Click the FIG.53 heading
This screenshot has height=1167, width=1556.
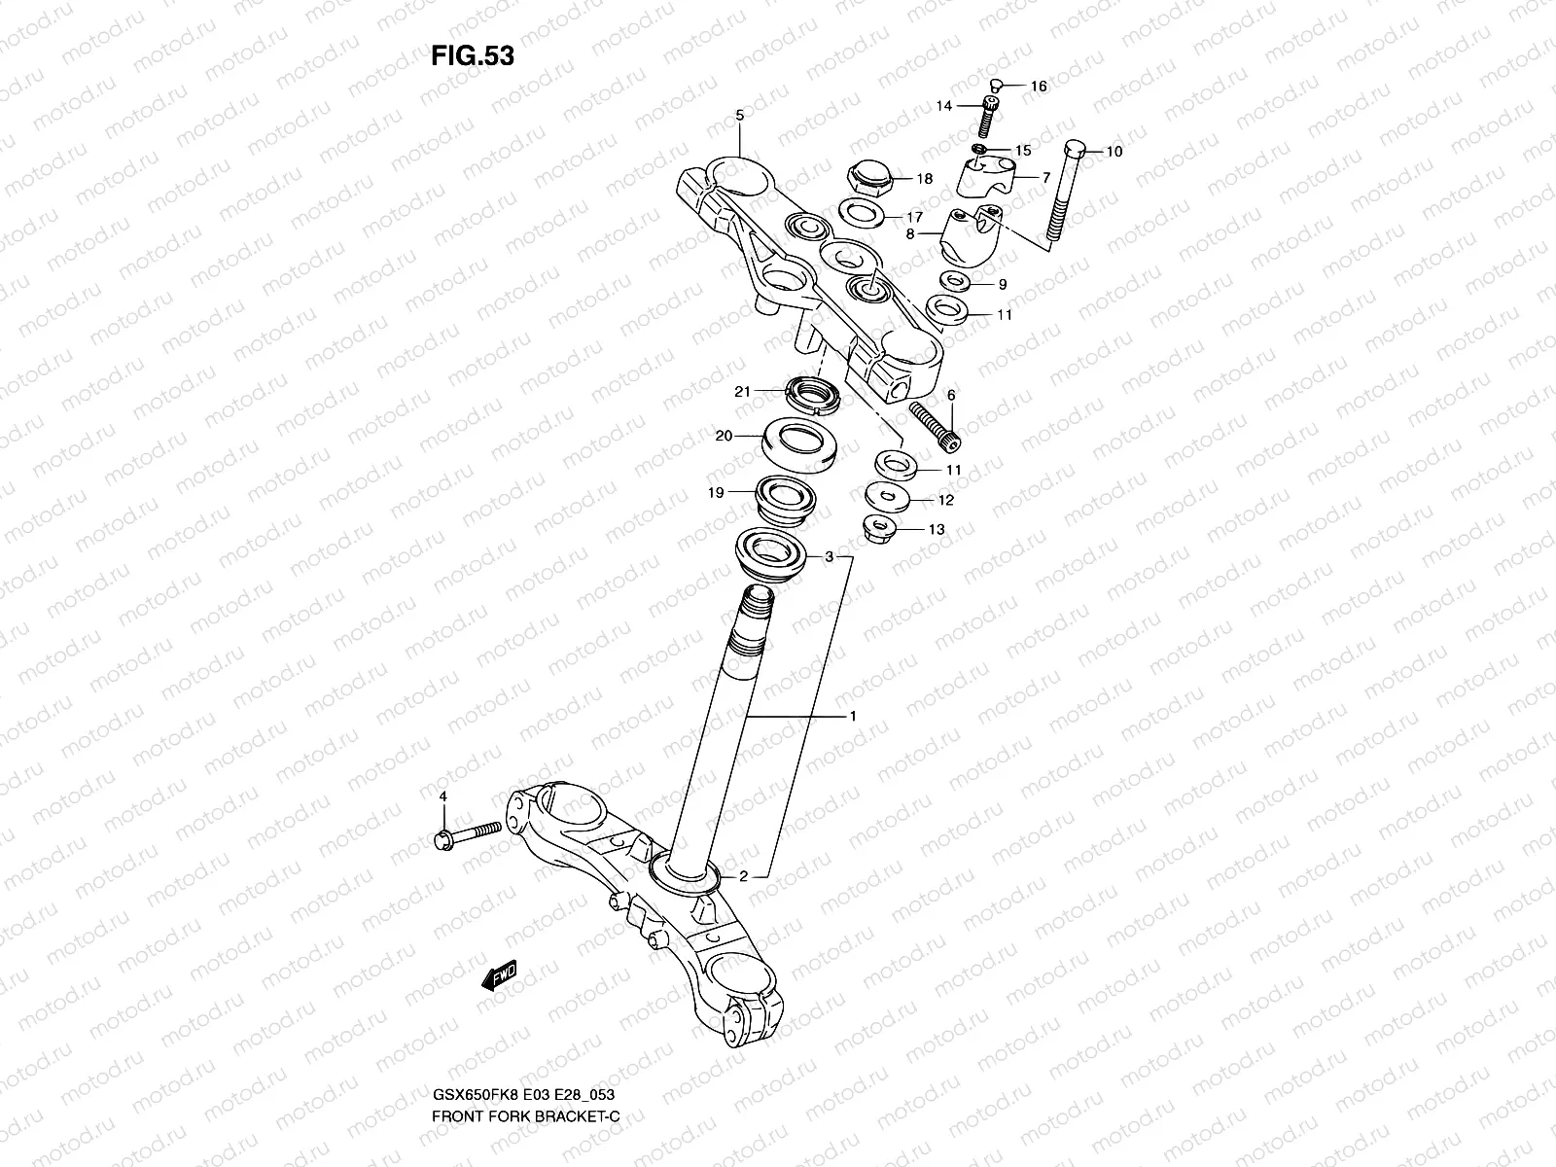[472, 56]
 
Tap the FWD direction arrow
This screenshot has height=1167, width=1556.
[499, 975]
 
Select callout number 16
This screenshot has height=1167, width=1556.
[1038, 87]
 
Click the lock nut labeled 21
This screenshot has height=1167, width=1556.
[812, 395]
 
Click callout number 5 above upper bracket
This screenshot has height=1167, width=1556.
[738, 116]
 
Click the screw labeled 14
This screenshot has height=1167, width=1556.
[990, 119]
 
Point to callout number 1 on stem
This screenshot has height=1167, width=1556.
[852, 717]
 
